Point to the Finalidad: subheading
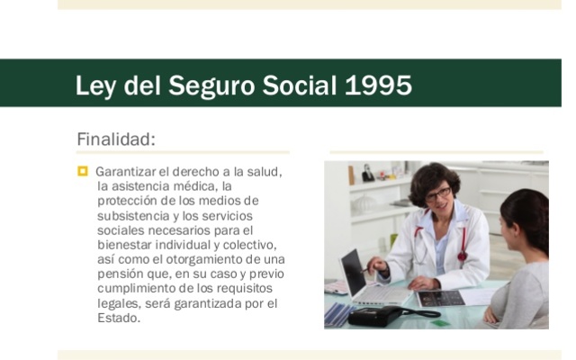coord(116,139)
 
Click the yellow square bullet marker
coord(83,170)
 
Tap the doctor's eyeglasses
coord(439,193)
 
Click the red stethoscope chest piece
coord(462,256)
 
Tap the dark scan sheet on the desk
coord(442,298)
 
